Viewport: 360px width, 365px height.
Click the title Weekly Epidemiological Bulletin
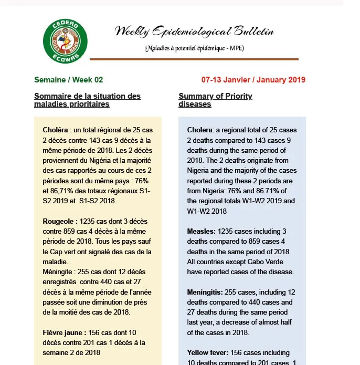[x=194, y=32]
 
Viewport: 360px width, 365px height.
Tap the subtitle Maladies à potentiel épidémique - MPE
[x=194, y=49]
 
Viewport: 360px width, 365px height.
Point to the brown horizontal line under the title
[x=194, y=59]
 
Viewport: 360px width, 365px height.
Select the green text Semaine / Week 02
[x=68, y=80]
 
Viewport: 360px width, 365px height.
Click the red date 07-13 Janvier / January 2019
[x=253, y=80]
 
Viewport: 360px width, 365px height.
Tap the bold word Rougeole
[x=59, y=221]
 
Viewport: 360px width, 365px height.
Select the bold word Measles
[x=200, y=231]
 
